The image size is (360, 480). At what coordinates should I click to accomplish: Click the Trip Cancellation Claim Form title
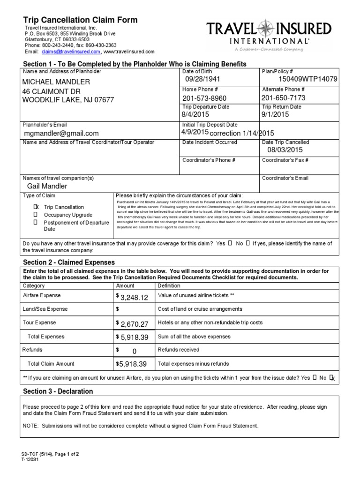81,20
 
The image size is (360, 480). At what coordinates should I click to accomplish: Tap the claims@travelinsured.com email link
64,52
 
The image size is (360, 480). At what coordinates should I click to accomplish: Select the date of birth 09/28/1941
202,80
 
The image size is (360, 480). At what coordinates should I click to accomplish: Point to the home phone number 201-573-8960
204,98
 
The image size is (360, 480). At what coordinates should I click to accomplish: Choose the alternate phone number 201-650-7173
283,97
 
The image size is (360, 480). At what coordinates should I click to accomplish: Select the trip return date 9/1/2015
276,114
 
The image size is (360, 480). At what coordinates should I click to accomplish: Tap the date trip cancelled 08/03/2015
285,150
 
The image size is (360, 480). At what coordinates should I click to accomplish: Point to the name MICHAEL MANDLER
56,82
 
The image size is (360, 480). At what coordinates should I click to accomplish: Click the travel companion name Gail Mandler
47,186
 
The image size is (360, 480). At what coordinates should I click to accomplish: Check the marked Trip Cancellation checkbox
36,207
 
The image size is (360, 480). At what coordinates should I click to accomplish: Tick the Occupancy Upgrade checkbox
36,214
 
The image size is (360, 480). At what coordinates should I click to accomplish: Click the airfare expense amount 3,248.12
134,297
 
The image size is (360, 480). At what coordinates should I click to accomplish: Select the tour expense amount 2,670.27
134,324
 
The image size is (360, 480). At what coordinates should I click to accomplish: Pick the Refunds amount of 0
134,351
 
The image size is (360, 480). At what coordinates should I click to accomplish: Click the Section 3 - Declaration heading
58,391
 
